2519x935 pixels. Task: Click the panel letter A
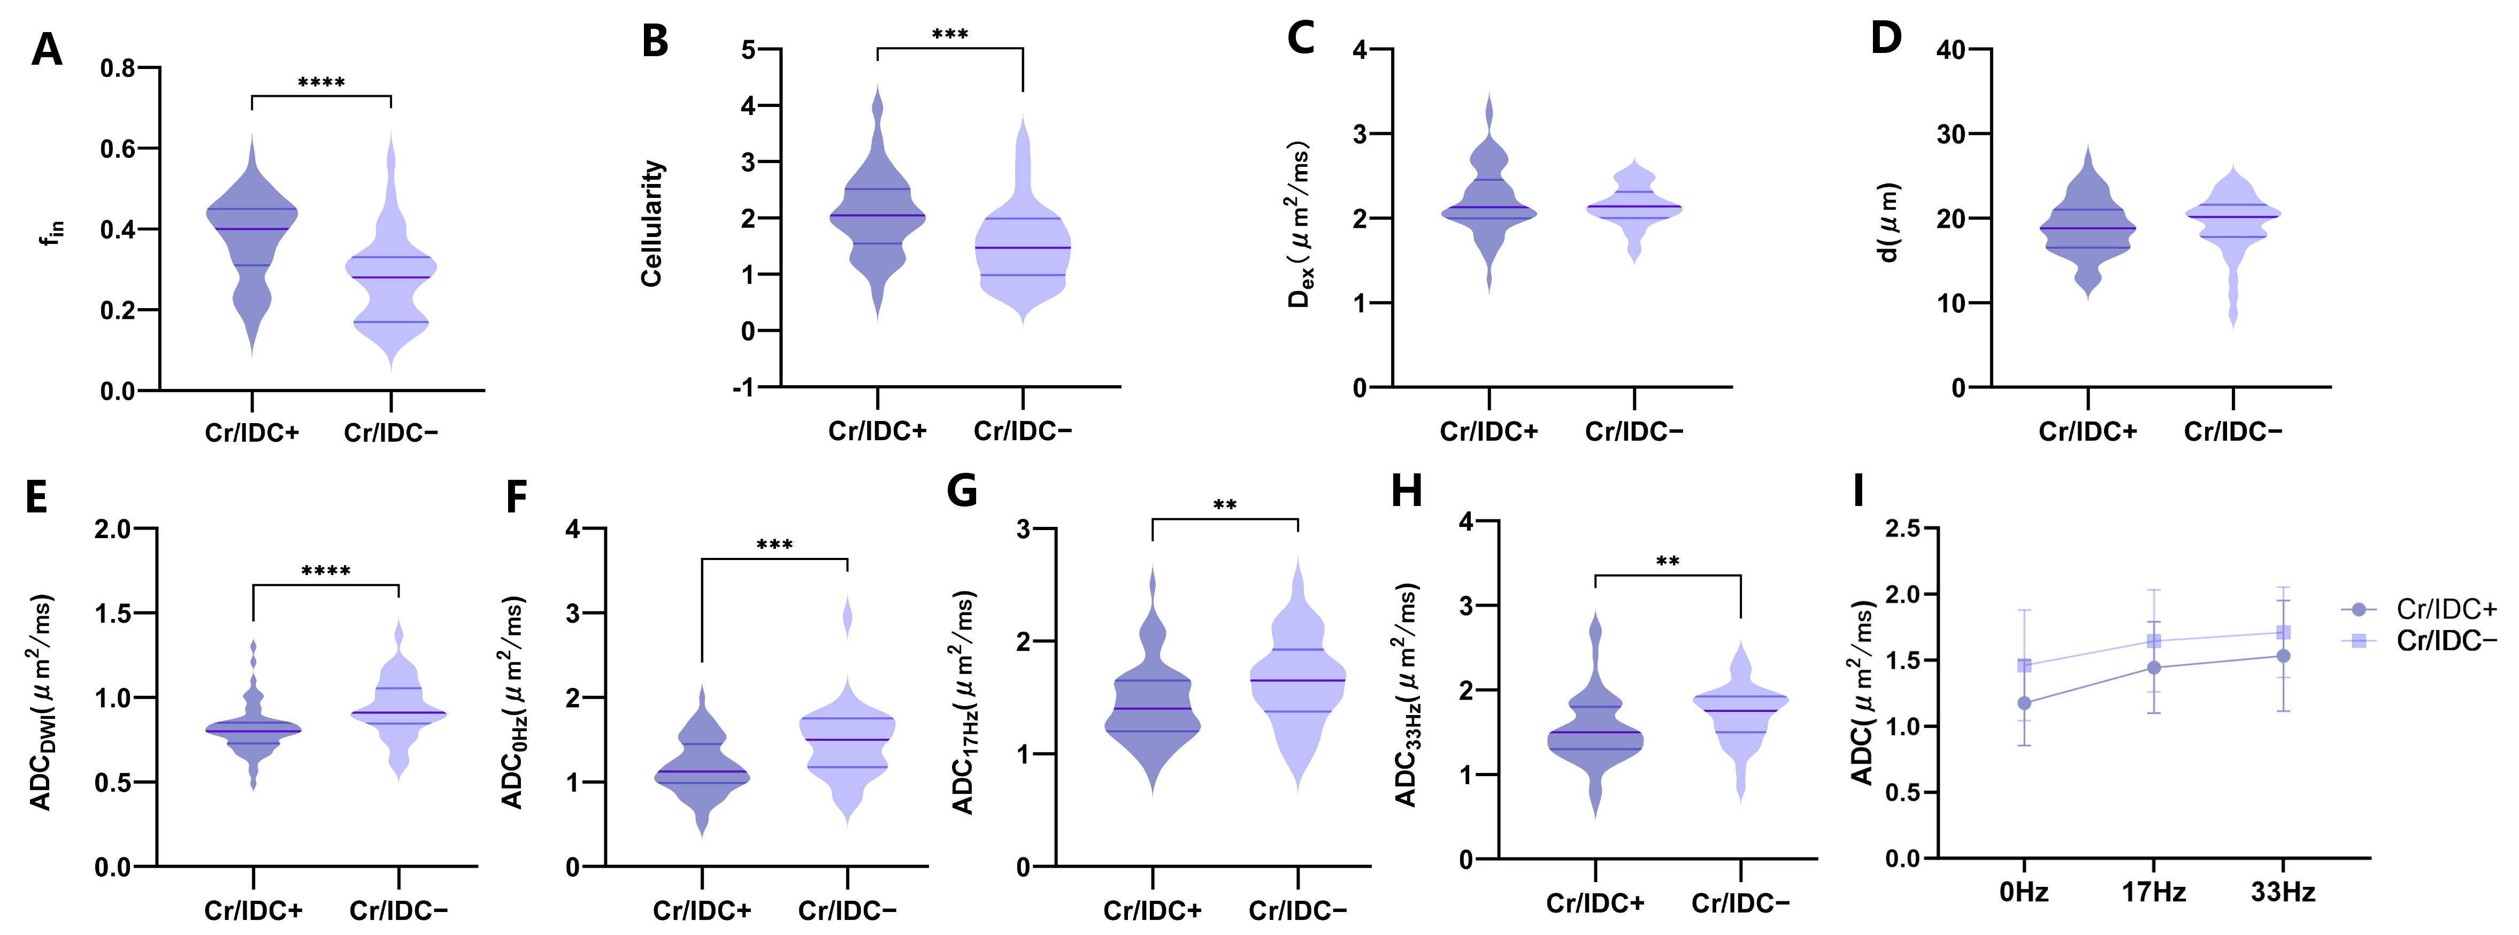tap(47, 49)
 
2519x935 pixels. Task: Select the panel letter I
tap(1859, 491)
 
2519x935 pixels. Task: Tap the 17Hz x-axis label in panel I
tap(2153, 892)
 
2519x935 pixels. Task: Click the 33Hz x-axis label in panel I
tap(2283, 892)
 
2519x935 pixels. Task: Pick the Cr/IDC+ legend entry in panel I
tap(2420, 609)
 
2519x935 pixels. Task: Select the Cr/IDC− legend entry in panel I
tap(2420, 641)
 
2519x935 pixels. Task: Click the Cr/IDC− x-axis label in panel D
tap(2233, 431)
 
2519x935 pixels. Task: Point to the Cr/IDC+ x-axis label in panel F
tap(702, 910)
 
